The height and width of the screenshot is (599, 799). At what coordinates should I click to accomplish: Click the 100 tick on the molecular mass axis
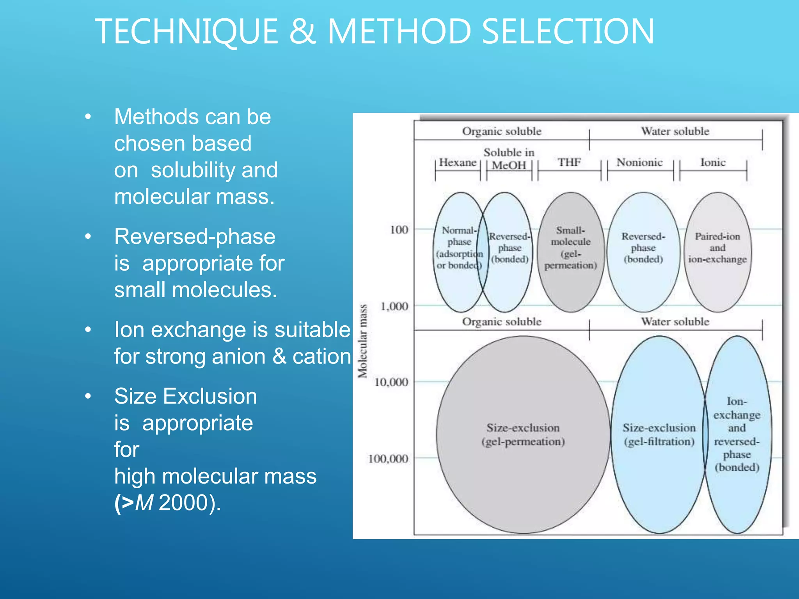tap(399, 230)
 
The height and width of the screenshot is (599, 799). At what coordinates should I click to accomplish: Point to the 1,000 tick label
tap(394, 306)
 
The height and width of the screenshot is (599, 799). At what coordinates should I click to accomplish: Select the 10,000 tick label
tap(391, 382)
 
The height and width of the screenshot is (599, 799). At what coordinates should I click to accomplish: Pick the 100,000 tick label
tap(388, 459)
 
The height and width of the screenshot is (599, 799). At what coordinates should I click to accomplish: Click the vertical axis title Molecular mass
tap(363, 341)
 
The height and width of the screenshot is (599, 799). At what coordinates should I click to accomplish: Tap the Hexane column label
tap(458, 162)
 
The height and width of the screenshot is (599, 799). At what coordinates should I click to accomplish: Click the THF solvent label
tap(569, 162)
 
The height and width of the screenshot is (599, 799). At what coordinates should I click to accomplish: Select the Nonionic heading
tap(639, 162)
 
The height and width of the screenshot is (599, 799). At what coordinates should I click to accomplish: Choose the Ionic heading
tap(713, 162)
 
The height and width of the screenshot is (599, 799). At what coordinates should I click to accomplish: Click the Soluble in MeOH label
tap(509, 159)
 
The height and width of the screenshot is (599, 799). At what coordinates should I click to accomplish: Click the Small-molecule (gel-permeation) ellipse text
tap(570, 248)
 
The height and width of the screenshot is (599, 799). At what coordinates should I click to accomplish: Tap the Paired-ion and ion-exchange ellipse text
tap(717, 248)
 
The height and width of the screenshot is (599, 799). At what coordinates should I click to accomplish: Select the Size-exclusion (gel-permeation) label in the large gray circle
tap(523, 434)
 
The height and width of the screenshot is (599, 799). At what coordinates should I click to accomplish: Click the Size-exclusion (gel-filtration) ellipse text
tap(659, 434)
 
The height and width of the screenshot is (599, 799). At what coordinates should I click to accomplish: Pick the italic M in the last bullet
tap(144, 503)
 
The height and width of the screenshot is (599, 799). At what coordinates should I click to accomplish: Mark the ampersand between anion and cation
tap(279, 356)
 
